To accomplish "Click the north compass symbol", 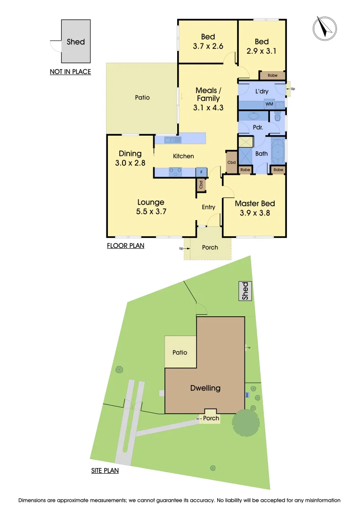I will coord(325,27).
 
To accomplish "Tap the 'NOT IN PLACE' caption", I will coord(70,72).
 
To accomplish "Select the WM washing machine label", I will coord(269,104).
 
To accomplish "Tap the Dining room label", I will coord(130,154).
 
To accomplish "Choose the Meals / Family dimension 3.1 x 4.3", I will coord(208,107).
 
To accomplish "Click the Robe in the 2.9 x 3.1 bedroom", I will coord(272,75).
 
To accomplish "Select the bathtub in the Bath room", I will coord(278,152).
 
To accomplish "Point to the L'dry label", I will coord(262,91).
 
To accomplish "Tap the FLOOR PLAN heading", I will coord(125,246).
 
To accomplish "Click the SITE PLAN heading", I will coord(105,470).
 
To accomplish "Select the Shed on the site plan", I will coord(245,291).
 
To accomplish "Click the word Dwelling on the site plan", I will coord(205,388).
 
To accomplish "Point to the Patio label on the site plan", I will coord(180,352).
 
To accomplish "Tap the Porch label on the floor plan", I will coord(210,247).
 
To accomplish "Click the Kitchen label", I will coord(183,156).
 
